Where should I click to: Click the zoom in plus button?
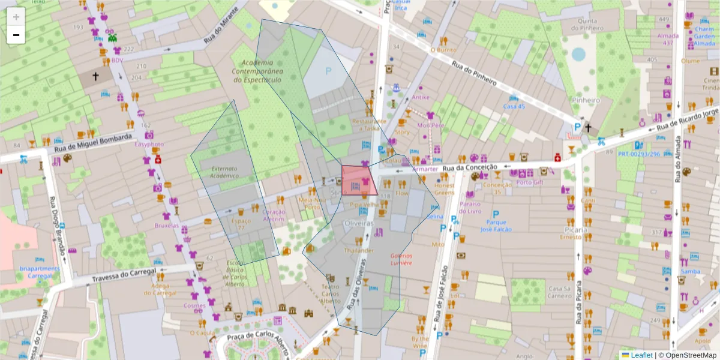16,16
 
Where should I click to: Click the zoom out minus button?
16,35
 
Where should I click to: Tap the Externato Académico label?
224,172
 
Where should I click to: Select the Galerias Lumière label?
401,259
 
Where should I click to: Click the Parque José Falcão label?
496,226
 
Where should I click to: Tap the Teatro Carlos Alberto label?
330,293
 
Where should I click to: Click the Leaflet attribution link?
641,355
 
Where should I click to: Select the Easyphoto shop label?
149,145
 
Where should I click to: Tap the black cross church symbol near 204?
95,76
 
